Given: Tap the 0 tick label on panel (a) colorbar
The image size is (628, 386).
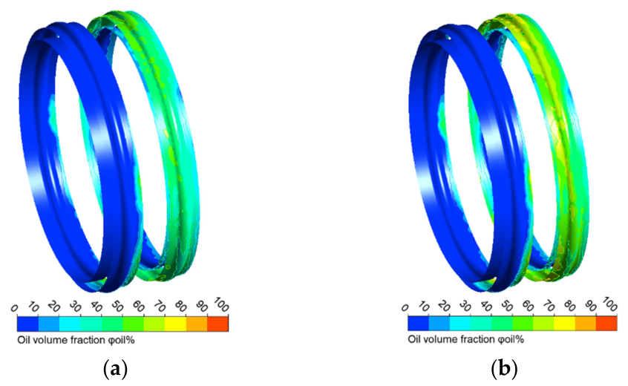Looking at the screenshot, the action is (14, 308).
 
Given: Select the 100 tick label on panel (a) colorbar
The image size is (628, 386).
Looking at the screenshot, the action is (221, 304).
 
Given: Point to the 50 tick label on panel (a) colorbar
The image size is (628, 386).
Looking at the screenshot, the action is (117, 307).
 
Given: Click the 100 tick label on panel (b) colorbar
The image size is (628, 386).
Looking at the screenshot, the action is (610, 304).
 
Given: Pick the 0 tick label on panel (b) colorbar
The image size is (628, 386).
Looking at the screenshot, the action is (405, 308).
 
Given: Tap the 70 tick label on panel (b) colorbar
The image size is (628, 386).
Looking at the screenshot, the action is (549, 307).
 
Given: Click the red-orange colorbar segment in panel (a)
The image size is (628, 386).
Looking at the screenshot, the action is (218, 324).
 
